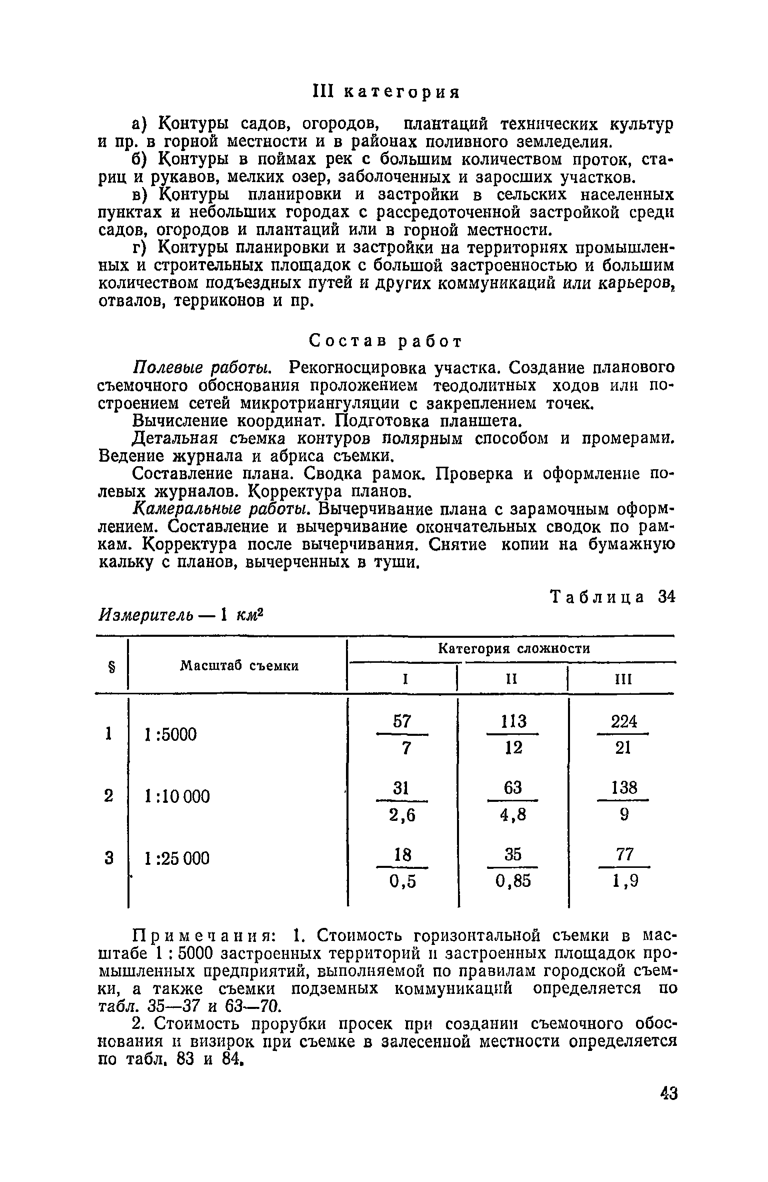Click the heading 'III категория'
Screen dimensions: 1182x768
pyautogui.click(x=385, y=93)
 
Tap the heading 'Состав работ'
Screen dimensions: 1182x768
pyautogui.click(x=385, y=341)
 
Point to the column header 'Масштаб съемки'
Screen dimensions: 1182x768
pyautogui.click(x=239, y=666)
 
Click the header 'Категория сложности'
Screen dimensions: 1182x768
pyautogui.click(x=514, y=649)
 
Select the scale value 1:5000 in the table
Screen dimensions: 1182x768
pyautogui.click(x=170, y=735)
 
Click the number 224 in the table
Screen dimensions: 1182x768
pyautogui.click(x=624, y=721)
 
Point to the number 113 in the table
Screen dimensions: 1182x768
pyautogui.click(x=513, y=721)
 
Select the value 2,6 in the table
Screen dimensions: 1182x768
pyautogui.click(x=402, y=816)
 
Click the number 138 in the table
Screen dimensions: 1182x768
pyautogui.click(x=624, y=788)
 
